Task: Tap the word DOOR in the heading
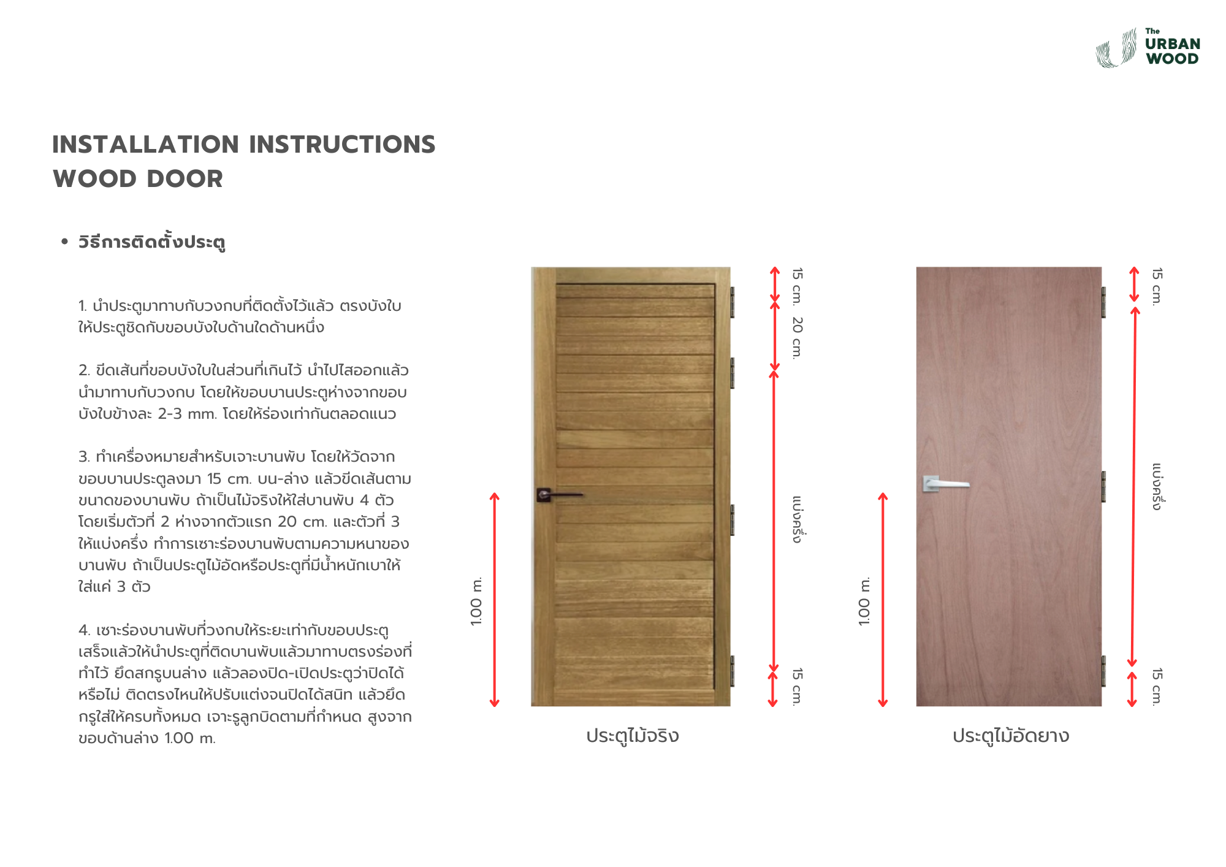click(x=185, y=179)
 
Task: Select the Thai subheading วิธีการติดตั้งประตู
click(x=151, y=242)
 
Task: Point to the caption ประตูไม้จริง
click(x=632, y=736)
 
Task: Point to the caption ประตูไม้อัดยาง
click(x=1010, y=736)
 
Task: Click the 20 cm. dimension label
click(x=797, y=337)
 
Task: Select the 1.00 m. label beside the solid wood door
click(x=476, y=601)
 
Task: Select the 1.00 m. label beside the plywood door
click(x=864, y=601)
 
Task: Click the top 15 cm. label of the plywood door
click(x=1157, y=286)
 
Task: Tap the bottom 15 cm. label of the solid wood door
click(x=797, y=687)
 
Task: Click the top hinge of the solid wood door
click(x=732, y=302)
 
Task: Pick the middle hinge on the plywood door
click(x=1103, y=487)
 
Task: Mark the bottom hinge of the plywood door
click(x=1103, y=671)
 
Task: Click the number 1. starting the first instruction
click(x=83, y=306)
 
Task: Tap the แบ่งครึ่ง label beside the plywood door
click(x=1157, y=487)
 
